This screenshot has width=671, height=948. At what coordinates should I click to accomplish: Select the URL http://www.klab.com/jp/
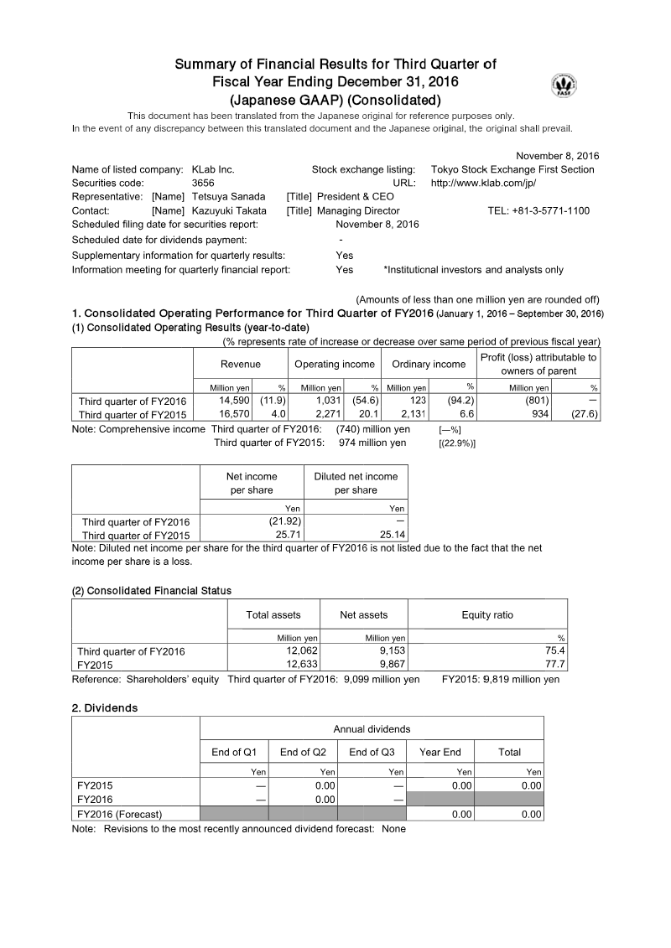483,183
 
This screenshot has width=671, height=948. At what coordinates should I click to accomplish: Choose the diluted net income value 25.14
390,535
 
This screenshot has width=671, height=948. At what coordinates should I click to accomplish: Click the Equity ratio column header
487,615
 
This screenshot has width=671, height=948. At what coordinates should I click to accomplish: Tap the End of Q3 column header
372,752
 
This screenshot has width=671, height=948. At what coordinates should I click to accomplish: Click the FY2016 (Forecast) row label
120,814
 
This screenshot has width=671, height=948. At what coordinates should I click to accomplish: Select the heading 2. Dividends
105,707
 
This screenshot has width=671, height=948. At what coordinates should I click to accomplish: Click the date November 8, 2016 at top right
557,156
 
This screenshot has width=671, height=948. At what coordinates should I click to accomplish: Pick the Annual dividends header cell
372,729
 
